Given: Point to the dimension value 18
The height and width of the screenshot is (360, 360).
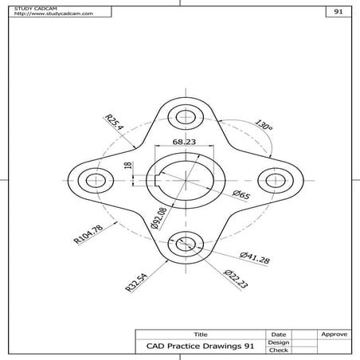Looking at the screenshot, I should [128, 166].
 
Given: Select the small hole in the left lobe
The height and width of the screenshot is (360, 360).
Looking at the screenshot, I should [96, 180].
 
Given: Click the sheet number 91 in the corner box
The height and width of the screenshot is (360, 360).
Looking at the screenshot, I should [338, 12].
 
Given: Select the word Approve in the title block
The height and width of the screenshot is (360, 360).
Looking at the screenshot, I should [332, 334].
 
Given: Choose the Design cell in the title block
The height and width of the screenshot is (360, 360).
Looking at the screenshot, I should [279, 342].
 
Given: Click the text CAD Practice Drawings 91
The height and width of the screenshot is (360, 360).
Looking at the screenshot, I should [200, 346].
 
